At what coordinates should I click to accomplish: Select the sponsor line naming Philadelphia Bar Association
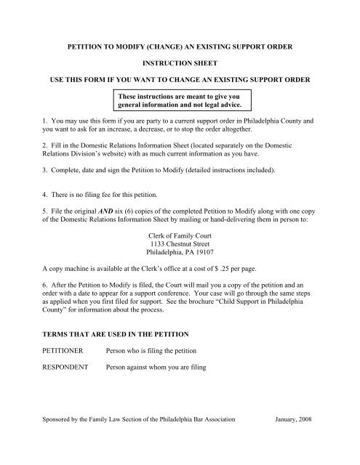pyautogui.click(x=137, y=440)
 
